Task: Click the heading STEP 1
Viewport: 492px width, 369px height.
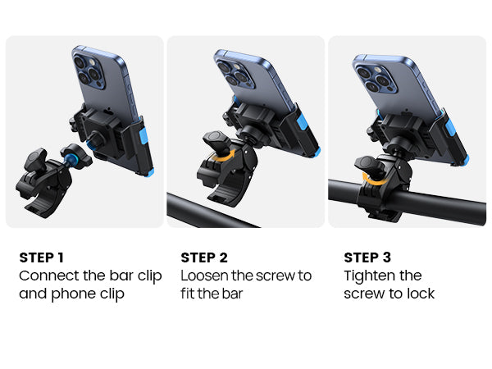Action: pyautogui.click(x=42, y=257)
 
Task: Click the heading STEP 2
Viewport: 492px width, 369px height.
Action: pyautogui.click(x=204, y=257)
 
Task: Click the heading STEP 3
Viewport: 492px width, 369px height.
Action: pyautogui.click(x=367, y=257)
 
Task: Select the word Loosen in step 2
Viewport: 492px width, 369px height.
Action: pyautogui.click(x=205, y=276)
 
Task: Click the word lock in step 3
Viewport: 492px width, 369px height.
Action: pyautogui.click(x=421, y=294)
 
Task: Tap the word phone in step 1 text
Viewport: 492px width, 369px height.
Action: pyautogui.click(x=74, y=294)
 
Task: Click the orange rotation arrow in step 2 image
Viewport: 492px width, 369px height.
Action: pyautogui.click(x=223, y=157)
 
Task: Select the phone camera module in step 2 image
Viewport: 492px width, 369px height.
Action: pyautogui.click(x=235, y=74)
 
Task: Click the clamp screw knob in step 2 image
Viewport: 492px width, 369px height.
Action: pyautogui.click(x=216, y=142)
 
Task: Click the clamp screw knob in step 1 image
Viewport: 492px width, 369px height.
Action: pyautogui.click(x=35, y=159)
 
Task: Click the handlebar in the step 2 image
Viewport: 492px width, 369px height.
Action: pyautogui.click(x=210, y=212)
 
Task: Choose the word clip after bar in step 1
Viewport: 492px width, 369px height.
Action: pyautogui.click(x=150, y=277)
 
